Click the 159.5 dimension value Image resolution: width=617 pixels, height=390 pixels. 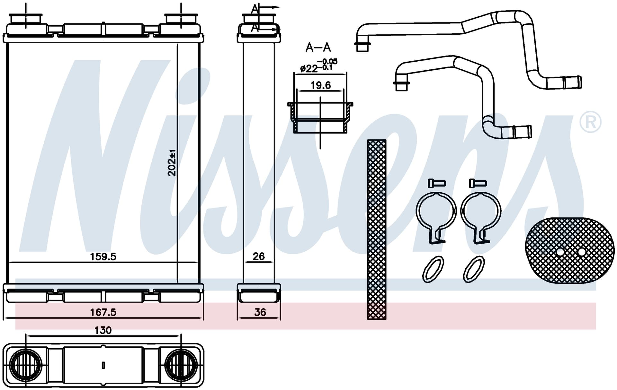pyautogui.click(x=103, y=256)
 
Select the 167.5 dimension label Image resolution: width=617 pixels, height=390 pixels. pyautogui.click(x=103, y=312)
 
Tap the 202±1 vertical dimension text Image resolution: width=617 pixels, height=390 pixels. pyautogui.click(x=172, y=163)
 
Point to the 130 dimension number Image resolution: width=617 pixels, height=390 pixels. pyautogui.click(x=103, y=330)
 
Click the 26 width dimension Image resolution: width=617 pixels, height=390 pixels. pyautogui.click(x=259, y=256)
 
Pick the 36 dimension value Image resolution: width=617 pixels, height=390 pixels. pyautogui.click(x=260, y=312)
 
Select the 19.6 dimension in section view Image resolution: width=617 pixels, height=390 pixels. pyautogui.click(x=320, y=85)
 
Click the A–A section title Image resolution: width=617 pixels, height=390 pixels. pyautogui.click(x=318, y=48)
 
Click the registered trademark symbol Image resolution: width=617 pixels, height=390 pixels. pyautogui.click(x=590, y=122)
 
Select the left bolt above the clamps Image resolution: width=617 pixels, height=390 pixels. pyautogui.click(x=437, y=183)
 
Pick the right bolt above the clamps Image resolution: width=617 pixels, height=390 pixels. pyautogui.click(x=478, y=183)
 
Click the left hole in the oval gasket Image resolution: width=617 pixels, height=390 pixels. pyautogui.click(x=560, y=252)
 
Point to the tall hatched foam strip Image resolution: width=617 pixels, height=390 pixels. pyautogui.click(x=377, y=230)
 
